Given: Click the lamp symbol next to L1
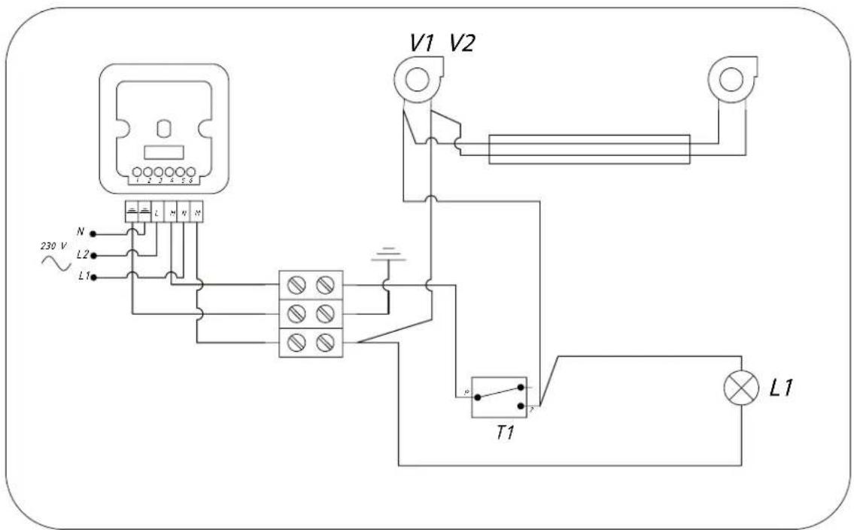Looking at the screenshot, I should pos(740,388).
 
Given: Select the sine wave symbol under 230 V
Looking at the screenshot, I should pos(56,263).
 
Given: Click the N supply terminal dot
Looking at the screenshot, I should pos(93,233).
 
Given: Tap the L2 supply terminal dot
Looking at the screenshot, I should pos(93,255).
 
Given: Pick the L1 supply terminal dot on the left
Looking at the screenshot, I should pos(93,277).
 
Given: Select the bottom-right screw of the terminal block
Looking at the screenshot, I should pos(325,343).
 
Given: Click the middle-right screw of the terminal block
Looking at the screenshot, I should pos(325,313).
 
